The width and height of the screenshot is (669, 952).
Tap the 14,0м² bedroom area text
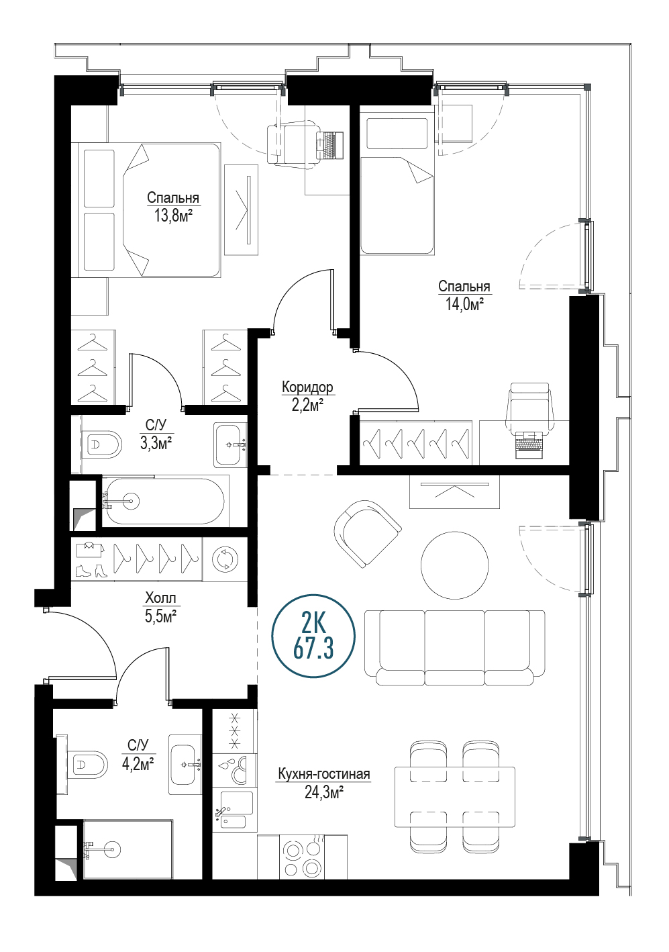(465, 304)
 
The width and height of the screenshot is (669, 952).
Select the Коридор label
(307, 387)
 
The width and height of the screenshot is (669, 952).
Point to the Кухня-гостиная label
(324, 774)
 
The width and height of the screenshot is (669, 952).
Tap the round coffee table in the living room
(454, 565)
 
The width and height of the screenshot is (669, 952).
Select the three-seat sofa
(454, 647)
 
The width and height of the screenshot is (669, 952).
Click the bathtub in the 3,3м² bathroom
(165, 502)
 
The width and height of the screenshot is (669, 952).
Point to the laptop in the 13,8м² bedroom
(329, 145)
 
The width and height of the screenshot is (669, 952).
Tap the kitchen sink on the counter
(231, 810)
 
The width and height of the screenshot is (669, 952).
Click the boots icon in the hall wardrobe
(89, 571)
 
